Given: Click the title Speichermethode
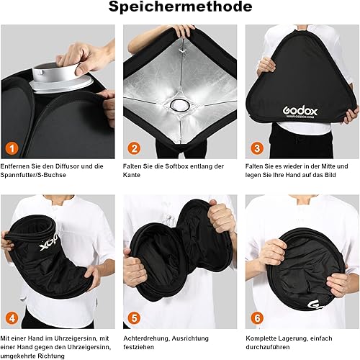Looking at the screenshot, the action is coord(180,7).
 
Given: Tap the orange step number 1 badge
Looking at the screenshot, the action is coord(12,148).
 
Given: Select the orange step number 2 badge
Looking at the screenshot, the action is coord(134,148).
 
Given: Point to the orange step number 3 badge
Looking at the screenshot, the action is coord(257,148).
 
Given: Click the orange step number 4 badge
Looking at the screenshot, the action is coord(12,318).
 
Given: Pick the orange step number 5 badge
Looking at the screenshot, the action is coord(134,318).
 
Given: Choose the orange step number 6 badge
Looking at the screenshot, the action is coord(257,318).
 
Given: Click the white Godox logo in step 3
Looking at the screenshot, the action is coord(300,112).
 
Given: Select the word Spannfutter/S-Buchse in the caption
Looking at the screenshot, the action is coord(33,175).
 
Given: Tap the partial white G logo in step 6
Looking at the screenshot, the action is coord(315,305).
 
